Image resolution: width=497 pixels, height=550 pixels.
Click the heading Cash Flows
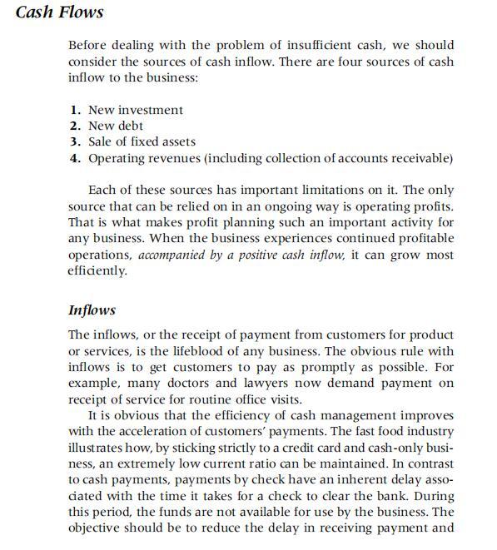[x=60, y=12]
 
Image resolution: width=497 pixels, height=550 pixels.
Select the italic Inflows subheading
[x=92, y=310]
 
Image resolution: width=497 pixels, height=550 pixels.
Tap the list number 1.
[x=75, y=110]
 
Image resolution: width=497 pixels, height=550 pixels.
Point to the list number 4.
[x=75, y=158]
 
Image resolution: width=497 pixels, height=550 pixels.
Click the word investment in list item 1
[x=151, y=110]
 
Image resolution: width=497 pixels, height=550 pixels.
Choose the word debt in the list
[x=130, y=126]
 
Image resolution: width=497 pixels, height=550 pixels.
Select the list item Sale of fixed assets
[x=142, y=141]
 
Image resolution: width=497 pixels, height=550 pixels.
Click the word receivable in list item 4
[x=422, y=158]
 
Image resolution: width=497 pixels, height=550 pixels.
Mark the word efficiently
[x=97, y=271]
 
